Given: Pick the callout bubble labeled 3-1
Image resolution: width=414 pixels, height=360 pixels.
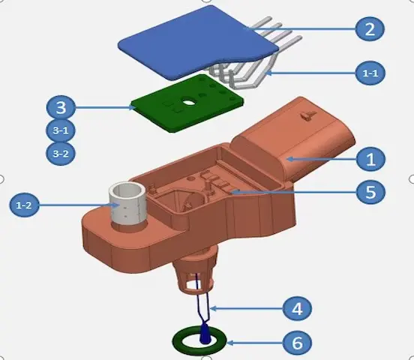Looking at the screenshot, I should pyautogui.click(x=60, y=130).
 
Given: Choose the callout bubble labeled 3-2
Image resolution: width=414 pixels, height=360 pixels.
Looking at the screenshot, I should pyautogui.click(x=60, y=154).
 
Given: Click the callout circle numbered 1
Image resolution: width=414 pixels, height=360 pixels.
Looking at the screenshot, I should pyautogui.click(x=370, y=158).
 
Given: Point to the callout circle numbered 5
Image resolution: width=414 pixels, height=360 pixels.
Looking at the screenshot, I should pyautogui.click(x=370, y=191).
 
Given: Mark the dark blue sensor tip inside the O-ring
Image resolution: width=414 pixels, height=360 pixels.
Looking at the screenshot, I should pyautogui.click(x=204, y=338).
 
